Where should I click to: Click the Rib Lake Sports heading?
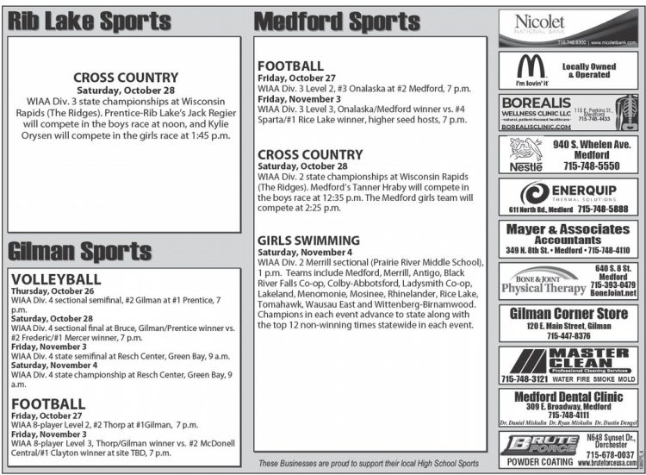pyautogui.click(x=89, y=22)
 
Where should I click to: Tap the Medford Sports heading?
pyautogui.click(x=337, y=22)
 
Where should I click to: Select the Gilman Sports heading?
pyautogui.click(x=80, y=251)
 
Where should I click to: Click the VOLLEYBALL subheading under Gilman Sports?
pyautogui.click(x=56, y=279)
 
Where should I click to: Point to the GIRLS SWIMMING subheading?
pyautogui.click(x=308, y=240)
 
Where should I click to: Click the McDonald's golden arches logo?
pyautogui.click(x=531, y=67)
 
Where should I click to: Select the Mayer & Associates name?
pyautogui.click(x=568, y=229)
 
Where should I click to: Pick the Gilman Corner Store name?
pyautogui.click(x=568, y=313)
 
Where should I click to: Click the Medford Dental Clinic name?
pyautogui.click(x=568, y=397)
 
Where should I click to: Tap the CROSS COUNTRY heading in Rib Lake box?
pyautogui.click(x=124, y=77)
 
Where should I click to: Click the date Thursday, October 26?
pyautogui.click(x=53, y=291)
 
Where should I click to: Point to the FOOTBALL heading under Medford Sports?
pyautogui.click(x=290, y=66)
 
